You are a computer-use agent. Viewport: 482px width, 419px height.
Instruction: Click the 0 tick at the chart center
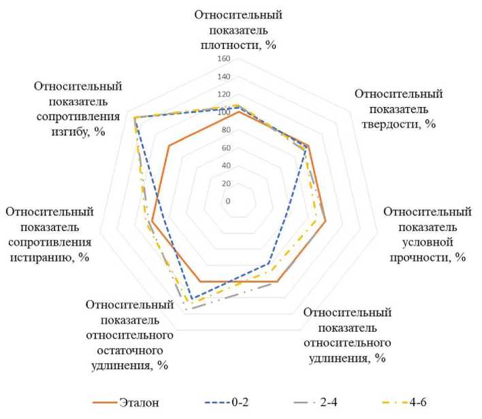point(227,202)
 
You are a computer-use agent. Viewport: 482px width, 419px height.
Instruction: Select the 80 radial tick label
point(225,130)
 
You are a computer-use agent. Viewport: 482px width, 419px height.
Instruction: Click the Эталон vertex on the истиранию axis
point(152,222)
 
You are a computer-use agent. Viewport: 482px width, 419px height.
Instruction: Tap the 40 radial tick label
point(225,166)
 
